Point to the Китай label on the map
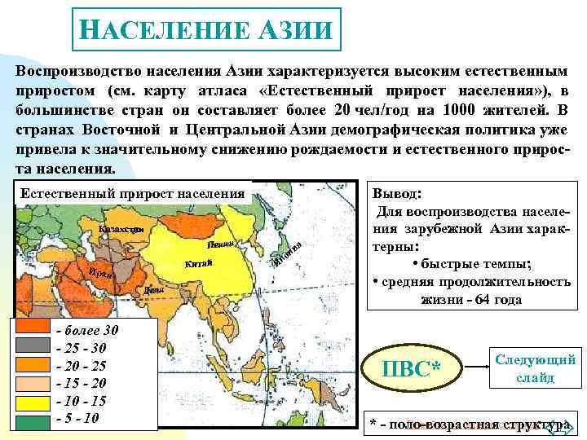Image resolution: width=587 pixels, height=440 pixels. (x=198, y=262)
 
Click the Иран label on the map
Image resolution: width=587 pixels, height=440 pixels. (x=101, y=272)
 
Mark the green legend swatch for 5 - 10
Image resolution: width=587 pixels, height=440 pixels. (x=33, y=419)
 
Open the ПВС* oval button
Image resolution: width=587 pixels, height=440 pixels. (x=411, y=368)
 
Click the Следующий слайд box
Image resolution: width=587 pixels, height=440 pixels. (x=535, y=369)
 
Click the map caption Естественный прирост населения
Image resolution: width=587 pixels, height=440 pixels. (x=132, y=194)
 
